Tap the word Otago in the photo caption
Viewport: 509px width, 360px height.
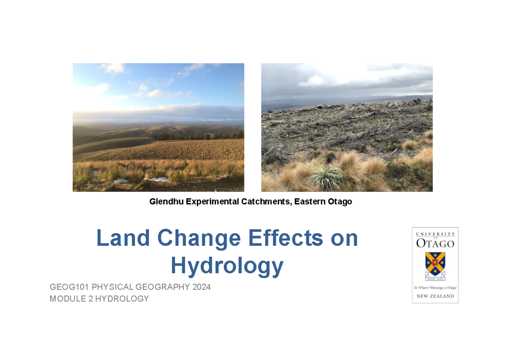(340, 202)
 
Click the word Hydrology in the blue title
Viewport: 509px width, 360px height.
(227, 266)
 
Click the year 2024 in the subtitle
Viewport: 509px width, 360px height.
(201, 287)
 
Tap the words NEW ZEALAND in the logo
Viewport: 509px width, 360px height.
(435, 296)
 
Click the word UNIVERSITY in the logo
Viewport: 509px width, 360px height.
(435, 234)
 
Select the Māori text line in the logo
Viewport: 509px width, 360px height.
(435, 288)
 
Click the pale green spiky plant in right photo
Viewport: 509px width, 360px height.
(327, 178)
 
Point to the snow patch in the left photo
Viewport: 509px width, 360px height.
(157, 179)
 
